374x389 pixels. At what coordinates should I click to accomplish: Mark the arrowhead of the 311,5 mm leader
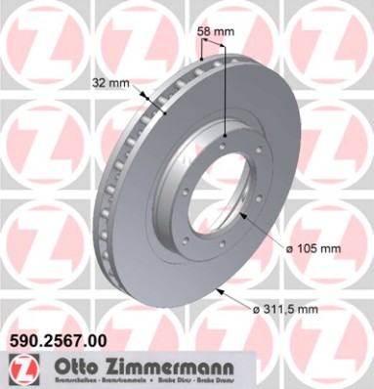218,290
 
